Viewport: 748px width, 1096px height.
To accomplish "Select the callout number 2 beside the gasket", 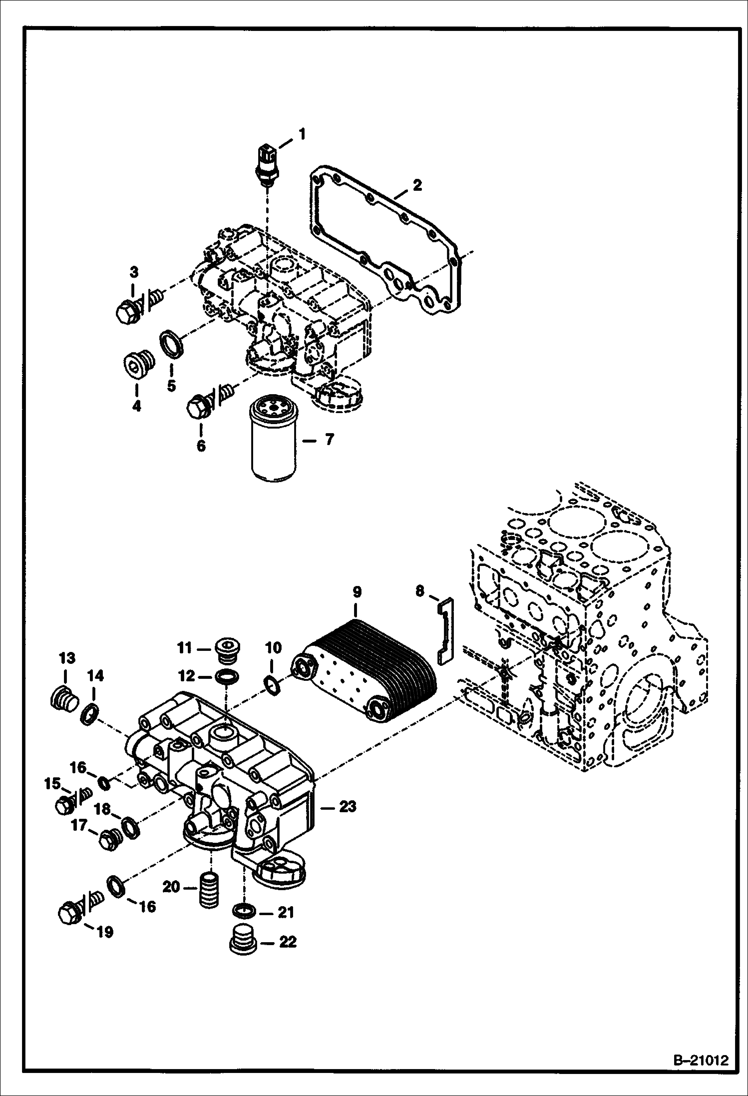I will point(417,185).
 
